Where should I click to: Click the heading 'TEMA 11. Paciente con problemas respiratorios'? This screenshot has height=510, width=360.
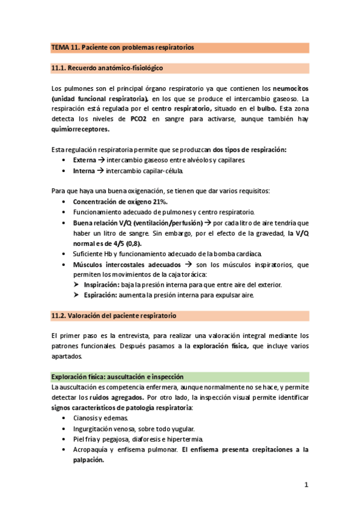[x=122, y=48]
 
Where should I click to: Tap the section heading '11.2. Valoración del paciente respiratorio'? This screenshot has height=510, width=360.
[x=114, y=315]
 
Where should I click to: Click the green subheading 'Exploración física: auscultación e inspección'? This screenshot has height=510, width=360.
[x=117, y=376]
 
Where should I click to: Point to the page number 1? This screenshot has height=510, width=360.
[x=306, y=485]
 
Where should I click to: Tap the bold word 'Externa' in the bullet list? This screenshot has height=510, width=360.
[x=84, y=160]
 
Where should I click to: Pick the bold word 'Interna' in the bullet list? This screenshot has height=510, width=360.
[x=84, y=171]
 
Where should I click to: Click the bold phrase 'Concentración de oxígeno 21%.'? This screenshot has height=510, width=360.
[x=120, y=201]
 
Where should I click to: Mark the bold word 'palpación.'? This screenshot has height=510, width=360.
[x=88, y=459]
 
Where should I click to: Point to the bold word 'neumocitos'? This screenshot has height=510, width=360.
[x=285, y=88]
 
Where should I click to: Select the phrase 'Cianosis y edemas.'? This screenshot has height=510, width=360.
[x=100, y=418]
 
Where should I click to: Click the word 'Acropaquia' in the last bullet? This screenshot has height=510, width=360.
[x=91, y=449]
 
